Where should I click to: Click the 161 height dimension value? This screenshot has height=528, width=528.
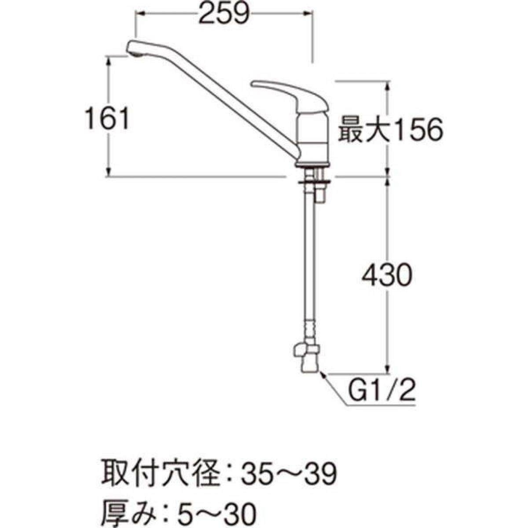click(x=107, y=119)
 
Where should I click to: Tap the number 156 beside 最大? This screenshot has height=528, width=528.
click(x=415, y=130)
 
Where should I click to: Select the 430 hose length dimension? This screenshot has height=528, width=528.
click(x=386, y=276)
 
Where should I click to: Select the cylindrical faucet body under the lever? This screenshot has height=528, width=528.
click(x=312, y=136)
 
